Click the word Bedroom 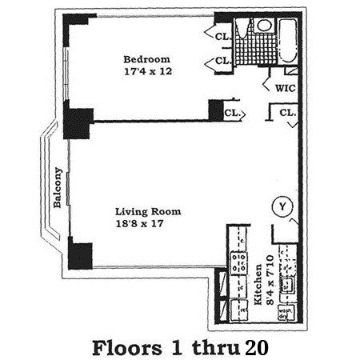tap(146, 59)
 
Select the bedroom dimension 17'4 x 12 tap(148, 71)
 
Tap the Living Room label tap(148, 212)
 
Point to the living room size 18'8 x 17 tap(139, 223)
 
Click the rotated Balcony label tap(58, 187)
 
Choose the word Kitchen tap(258, 285)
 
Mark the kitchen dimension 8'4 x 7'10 tap(270, 280)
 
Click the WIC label tap(286, 88)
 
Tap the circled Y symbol tap(282, 206)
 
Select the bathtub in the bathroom tap(288, 41)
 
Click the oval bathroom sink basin tap(264, 25)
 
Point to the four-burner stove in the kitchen tap(238, 263)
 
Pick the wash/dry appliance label tap(286, 314)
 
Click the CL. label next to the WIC tap(288, 113)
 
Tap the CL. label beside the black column tap(232, 113)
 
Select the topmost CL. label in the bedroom tap(222, 37)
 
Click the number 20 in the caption tap(257, 348)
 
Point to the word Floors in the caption tap(127, 348)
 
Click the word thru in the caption tap(215, 348)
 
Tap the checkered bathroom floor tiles tap(255, 50)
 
